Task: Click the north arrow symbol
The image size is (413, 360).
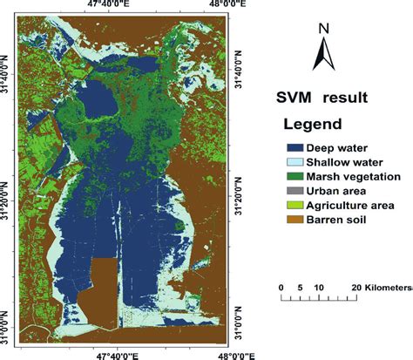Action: [x=322, y=57]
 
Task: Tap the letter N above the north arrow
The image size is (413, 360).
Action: [x=322, y=28]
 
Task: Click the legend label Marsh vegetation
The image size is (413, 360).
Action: [x=342, y=176]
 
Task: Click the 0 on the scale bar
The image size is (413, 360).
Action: [x=281, y=288]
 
